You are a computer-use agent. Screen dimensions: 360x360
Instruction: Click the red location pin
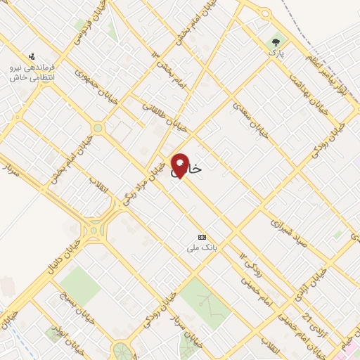click(x=179, y=165)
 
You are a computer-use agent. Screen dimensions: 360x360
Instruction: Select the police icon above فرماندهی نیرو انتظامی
click(x=31, y=56)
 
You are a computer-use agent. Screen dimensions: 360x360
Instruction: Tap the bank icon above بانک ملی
click(x=202, y=236)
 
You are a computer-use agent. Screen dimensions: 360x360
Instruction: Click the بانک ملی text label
click(x=200, y=247)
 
